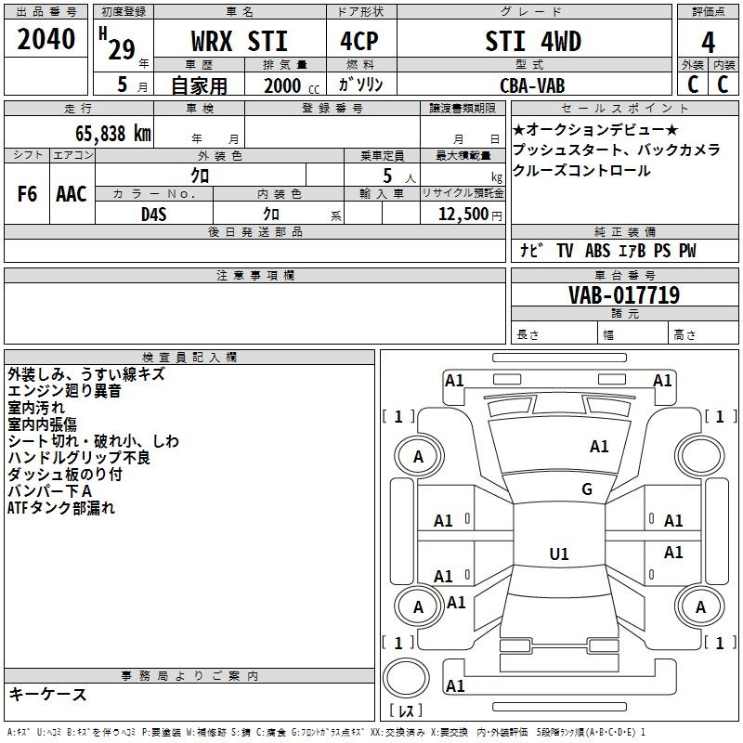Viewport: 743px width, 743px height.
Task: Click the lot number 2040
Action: click(46, 39)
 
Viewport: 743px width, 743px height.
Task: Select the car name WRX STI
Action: click(240, 41)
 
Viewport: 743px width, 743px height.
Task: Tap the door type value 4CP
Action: click(359, 41)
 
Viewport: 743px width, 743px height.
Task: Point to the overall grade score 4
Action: click(708, 42)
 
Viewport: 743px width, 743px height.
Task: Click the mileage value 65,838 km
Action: click(113, 134)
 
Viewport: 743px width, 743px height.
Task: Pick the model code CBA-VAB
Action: click(532, 85)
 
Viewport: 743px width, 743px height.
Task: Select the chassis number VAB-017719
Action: click(624, 294)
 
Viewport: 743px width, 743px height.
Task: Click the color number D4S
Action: click(154, 215)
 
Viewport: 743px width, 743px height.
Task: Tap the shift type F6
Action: click(27, 194)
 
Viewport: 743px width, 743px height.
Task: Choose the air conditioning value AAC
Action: click(72, 194)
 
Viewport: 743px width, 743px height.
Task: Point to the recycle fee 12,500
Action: click(463, 214)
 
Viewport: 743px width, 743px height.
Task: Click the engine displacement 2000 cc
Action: click(292, 85)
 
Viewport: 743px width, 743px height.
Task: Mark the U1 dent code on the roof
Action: click(559, 554)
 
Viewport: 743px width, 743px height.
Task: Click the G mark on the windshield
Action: click(587, 489)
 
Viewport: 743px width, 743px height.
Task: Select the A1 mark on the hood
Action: click(599, 447)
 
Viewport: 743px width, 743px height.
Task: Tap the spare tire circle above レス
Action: click(406, 678)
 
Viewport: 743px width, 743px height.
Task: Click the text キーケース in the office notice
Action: click(48, 694)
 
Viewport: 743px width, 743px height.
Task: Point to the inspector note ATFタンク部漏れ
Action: click(61, 507)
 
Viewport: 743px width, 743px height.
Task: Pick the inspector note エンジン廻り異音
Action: click(64, 391)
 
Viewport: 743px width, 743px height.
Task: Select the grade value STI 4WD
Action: click(533, 41)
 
